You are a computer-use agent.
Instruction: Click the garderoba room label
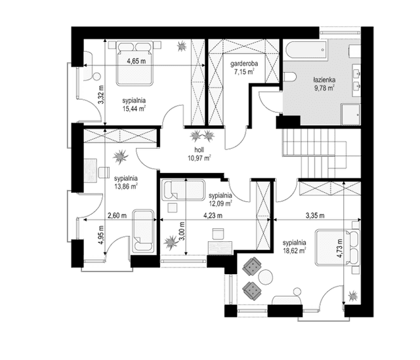(x=244, y=64)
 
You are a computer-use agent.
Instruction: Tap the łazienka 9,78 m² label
(x=324, y=84)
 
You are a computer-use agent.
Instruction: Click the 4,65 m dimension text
(x=136, y=61)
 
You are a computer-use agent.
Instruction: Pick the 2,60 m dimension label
(x=117, y=216)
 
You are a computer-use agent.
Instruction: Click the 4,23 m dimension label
(x=213, y=216)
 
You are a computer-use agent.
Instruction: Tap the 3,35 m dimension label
(x=315, y=216)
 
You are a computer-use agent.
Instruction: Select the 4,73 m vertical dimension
(x=340, y=248)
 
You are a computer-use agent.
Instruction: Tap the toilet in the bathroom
(x=289, y=77)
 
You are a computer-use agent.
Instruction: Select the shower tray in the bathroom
(x=350, y=114)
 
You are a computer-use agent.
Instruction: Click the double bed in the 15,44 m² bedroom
(x=135, y=63)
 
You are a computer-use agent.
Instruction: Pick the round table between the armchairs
(x=265, y=277)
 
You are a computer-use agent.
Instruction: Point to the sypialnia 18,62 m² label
(x=295, y=247)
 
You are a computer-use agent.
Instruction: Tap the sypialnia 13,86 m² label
(x=126, y=182)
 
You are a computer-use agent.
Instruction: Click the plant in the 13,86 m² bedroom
(x=120, y=157)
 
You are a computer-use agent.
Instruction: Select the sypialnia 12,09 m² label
(x=220, y=199)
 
